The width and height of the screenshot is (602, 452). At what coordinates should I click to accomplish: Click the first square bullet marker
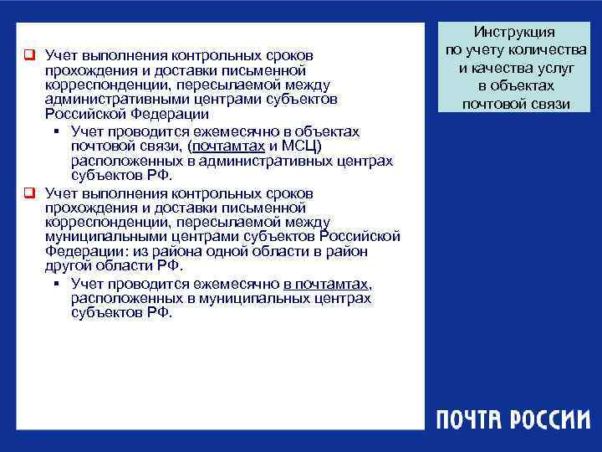28,56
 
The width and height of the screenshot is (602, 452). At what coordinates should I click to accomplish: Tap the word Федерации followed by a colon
79,251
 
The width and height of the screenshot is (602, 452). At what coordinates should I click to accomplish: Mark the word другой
67,265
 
